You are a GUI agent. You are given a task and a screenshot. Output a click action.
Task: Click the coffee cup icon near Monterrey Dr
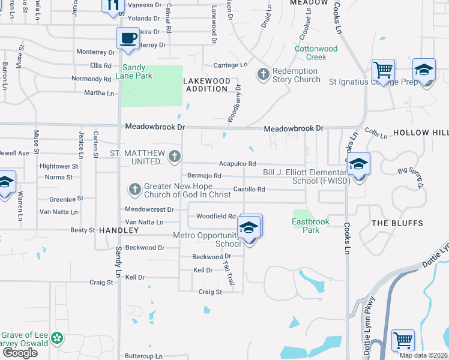point(127,38)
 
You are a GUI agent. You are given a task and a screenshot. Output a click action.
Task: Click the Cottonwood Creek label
point(316,53)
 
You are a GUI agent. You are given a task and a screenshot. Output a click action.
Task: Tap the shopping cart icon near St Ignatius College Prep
point(383,70)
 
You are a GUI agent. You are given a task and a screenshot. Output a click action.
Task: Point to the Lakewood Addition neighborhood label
point(206,85)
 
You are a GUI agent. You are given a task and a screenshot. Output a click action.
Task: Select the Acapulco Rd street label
point(237,164)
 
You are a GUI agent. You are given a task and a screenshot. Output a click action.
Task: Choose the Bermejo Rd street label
point(204,176)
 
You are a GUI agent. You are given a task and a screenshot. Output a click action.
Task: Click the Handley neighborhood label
point(115,230)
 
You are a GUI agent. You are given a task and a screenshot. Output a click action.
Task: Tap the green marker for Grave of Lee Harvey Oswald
point(57,339)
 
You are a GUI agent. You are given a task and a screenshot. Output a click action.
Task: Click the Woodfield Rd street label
point(215,216)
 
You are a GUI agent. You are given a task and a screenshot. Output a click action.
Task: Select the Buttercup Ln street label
point(143,356)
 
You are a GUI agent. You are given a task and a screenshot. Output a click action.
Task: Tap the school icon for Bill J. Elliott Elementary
point(358,163)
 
